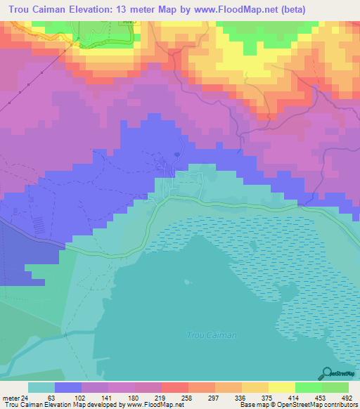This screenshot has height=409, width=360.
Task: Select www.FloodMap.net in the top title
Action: coord(250,9)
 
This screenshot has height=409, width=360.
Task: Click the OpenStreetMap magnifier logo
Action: coord(326,373)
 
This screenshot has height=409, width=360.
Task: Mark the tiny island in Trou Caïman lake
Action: coord(251,247)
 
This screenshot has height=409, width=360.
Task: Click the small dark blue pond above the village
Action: coord(178,155)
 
